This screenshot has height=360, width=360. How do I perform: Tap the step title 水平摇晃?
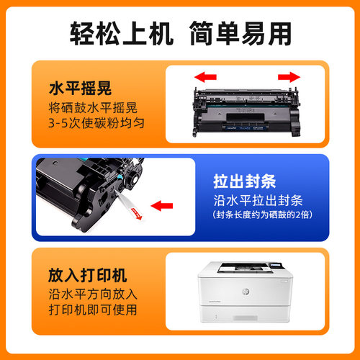pos(76,89)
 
